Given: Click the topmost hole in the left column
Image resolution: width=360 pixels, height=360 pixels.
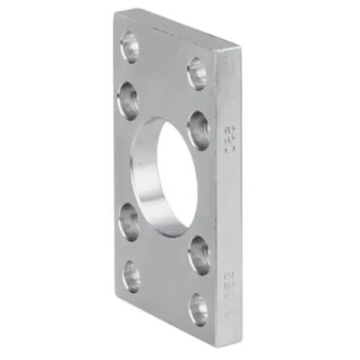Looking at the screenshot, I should pyautogui.click(x=130, y=47).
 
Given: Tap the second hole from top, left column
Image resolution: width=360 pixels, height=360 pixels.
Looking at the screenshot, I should pyautogui.click(x=128, y=100).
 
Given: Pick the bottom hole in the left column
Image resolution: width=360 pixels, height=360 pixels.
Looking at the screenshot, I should pyautogui.click(x=131, y=276).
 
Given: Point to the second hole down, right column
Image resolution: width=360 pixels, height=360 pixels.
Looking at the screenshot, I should pyautogui.click(x=198, y=129).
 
